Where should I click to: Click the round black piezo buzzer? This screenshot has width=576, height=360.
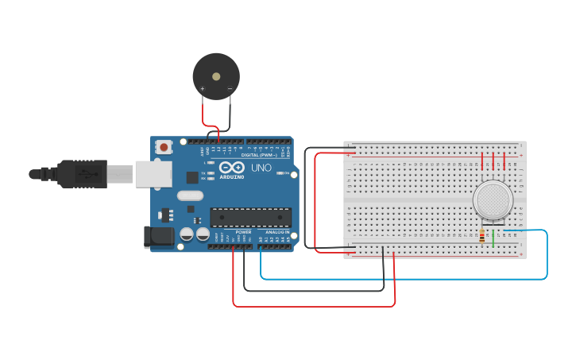pos(216,76)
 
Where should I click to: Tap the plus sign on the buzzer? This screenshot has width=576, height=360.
pos(203,88)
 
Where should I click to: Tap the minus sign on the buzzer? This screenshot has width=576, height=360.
pos(230,88)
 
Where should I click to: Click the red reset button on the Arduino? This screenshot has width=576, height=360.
pos(164,147)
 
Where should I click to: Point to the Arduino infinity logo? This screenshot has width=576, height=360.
pos(232,168)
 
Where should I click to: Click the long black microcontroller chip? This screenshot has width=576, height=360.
pos(250,216)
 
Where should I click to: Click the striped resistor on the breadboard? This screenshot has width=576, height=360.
pos(482,236)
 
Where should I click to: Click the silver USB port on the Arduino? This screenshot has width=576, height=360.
pos(153,173)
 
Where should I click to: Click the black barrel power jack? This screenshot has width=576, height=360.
pos(160,236)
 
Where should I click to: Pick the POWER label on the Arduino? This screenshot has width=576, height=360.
pos(243,232)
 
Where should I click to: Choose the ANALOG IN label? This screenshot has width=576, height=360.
pos(277,232)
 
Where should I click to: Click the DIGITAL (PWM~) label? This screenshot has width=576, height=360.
pos(259,154)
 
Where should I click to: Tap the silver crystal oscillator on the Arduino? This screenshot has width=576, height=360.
pos(191,195)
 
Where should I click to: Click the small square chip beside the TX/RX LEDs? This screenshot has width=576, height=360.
pos(192,177)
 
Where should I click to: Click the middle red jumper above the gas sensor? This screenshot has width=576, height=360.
pos(493,161)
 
